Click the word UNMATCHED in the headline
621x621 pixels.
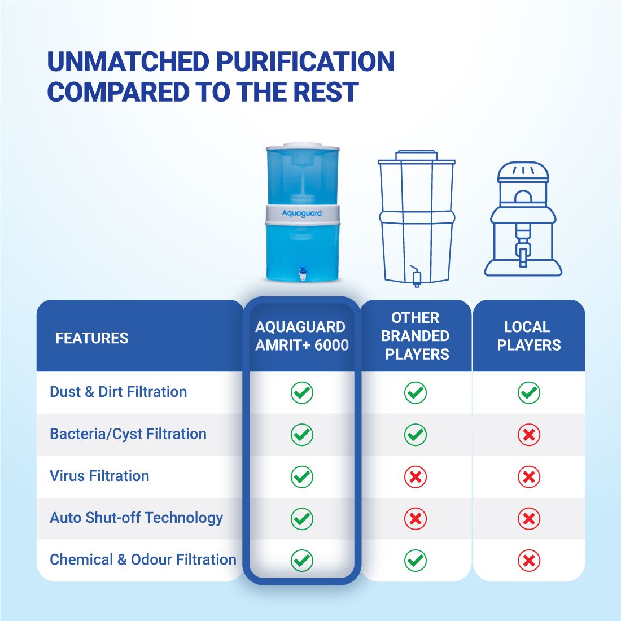pyautogui.click(x=128, y=62)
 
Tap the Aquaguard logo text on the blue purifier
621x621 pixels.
pyautogui.click(x=302, y=213)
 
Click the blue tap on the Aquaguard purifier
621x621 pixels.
pyautogui.click(x=303, y=270)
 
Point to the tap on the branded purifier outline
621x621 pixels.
pyautogui.click(x=416, y=277)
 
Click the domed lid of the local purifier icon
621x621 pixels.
pyautogui.click(x=523, y=172)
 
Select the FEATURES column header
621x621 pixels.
pyautogui.click(x=92, y=338)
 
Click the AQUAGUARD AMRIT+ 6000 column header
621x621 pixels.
pyautogui.click(x=302, y=336)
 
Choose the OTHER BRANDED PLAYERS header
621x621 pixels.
pyautogui.click(x=416, y=336)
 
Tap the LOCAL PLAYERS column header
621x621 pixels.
pyautogui.click(x=529, y=336)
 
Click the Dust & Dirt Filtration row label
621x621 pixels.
pyautogui.click(x=119, y=392)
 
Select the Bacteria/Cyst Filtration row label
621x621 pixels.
pyautogui.click(x=128, y=434)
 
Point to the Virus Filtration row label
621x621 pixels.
pyautogui.click(x=99, y=476)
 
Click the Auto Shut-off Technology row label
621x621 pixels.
pyautogui.click(x=136, y=518)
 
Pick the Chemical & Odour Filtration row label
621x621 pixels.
pyautogui.click(x=143, y=559)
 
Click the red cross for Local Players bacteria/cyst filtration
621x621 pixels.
pyautogui.click(x=529, y=435)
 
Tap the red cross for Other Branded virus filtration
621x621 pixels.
pyautogui.click(x=416, y=477)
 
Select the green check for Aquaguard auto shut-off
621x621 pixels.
pyautogui.click(x=302, y=519)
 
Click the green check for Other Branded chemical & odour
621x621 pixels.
pyautogui.click(x=416, y=561)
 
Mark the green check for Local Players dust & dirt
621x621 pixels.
pyautogui.click(x=529, y=393)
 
